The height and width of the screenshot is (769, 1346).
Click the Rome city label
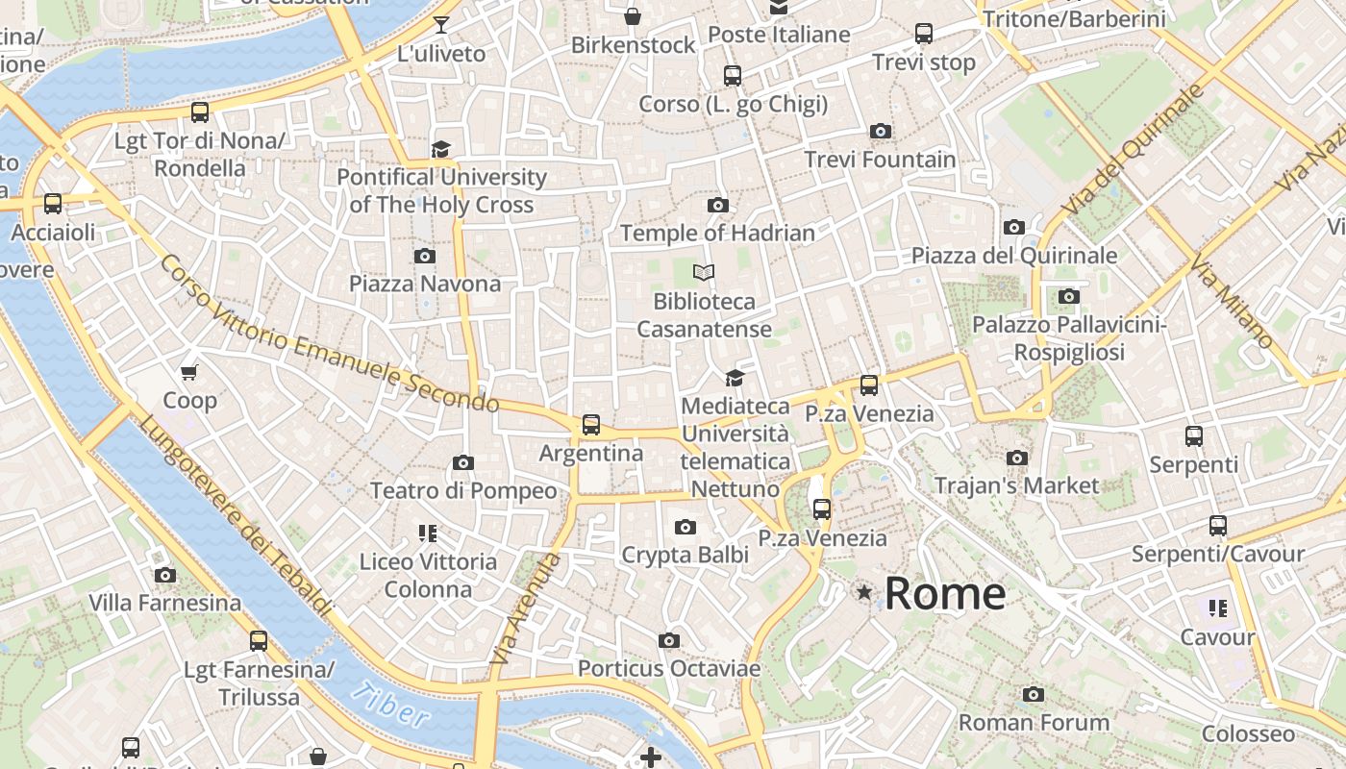coord(944,593)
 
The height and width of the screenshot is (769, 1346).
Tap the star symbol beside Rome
coord(864,593)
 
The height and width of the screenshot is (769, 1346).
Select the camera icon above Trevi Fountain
coord(880,132)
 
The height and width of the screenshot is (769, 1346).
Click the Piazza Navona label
coord(424,284)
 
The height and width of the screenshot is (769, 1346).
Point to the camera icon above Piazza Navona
coord(424,256)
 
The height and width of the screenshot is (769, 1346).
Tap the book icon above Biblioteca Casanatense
coord(704,273)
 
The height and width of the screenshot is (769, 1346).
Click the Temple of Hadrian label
coord(717,233)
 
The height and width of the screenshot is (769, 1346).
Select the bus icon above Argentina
coord(591,425)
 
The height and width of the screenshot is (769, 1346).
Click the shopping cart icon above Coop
coord(189,372)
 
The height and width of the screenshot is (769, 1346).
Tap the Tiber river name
coord(389,704)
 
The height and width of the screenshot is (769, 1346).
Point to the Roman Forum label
coord(1034,722)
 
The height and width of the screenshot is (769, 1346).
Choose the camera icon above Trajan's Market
coord(1016,459)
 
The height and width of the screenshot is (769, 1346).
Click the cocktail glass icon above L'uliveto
coord(441,25)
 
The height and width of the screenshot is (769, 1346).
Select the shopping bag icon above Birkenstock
coord(633,16)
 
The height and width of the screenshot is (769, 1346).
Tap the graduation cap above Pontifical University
coord(440,149)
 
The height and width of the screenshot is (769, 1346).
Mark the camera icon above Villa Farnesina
coord(165,576)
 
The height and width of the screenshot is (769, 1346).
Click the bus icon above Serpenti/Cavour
coord(1218,526)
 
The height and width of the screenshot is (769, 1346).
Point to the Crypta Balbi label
coord(685,555)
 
